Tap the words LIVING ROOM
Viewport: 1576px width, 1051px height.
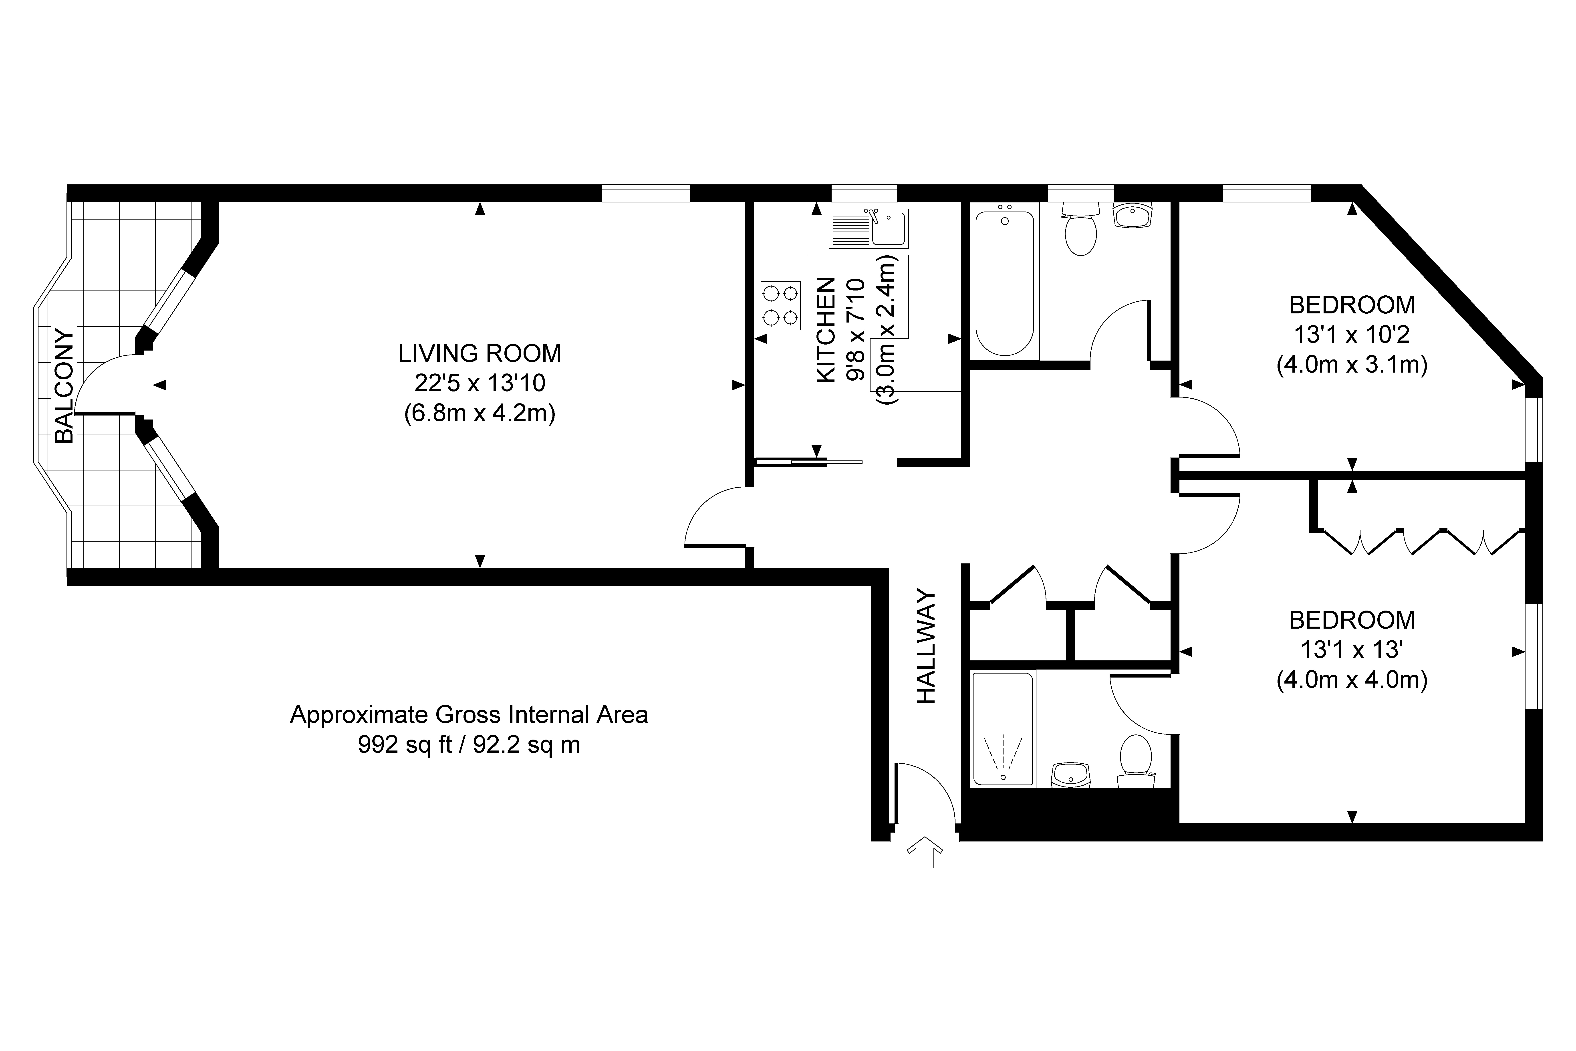coord(480,353)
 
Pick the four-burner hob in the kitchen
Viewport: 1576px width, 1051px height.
coord(781,305)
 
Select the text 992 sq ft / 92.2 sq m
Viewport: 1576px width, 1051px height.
coord(469,745)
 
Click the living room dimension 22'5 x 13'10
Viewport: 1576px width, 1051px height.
coord(480,383)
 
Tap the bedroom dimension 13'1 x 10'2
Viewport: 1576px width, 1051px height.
coord(1352,335)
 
